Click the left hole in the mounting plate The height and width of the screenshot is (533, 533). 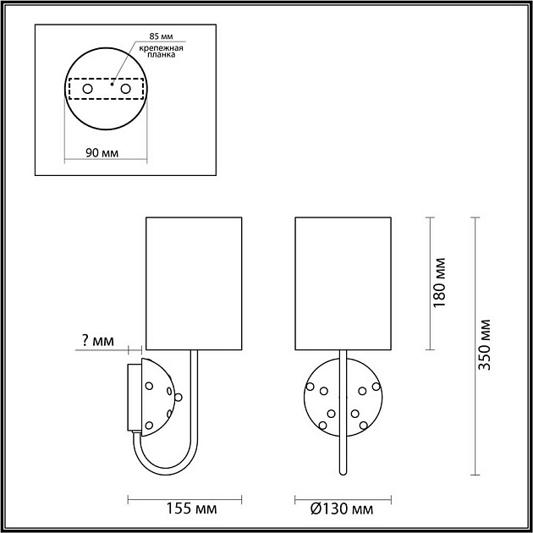[x=87, y=88]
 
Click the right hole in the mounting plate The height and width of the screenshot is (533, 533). [x=125, y=88]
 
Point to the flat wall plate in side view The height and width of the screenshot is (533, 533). [x=133, y=396]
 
